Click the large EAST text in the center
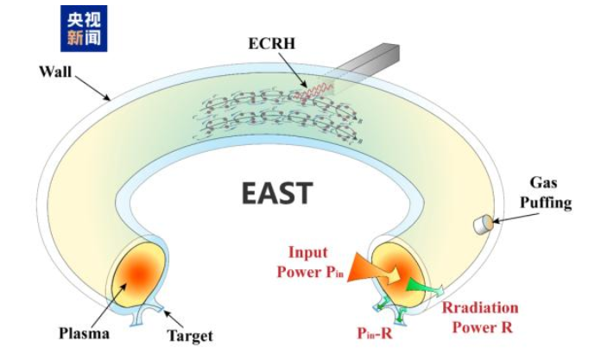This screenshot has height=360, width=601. [x=277, y=193]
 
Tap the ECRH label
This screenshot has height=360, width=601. [x=272, y=43]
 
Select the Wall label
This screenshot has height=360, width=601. [x=55, y=72]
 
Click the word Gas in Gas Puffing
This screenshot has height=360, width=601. [x=543, y=182]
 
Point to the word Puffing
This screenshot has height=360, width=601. [x=546, y=202]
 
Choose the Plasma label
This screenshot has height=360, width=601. [x=84, y=333]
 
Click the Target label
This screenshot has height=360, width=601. [x=190, y=336]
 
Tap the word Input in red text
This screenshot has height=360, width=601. [x=307, y=253]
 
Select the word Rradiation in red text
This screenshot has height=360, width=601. [x=480, y=308]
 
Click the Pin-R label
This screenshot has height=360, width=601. [x=375, y=332]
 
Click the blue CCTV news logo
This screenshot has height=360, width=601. [x=84, y=28]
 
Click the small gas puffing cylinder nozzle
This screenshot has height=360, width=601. [x=483, y=224]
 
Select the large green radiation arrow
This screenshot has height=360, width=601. [x=423, y=287]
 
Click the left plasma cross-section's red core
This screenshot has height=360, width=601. [x=139, y=274]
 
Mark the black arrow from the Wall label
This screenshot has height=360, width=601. [x=92, y=88]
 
